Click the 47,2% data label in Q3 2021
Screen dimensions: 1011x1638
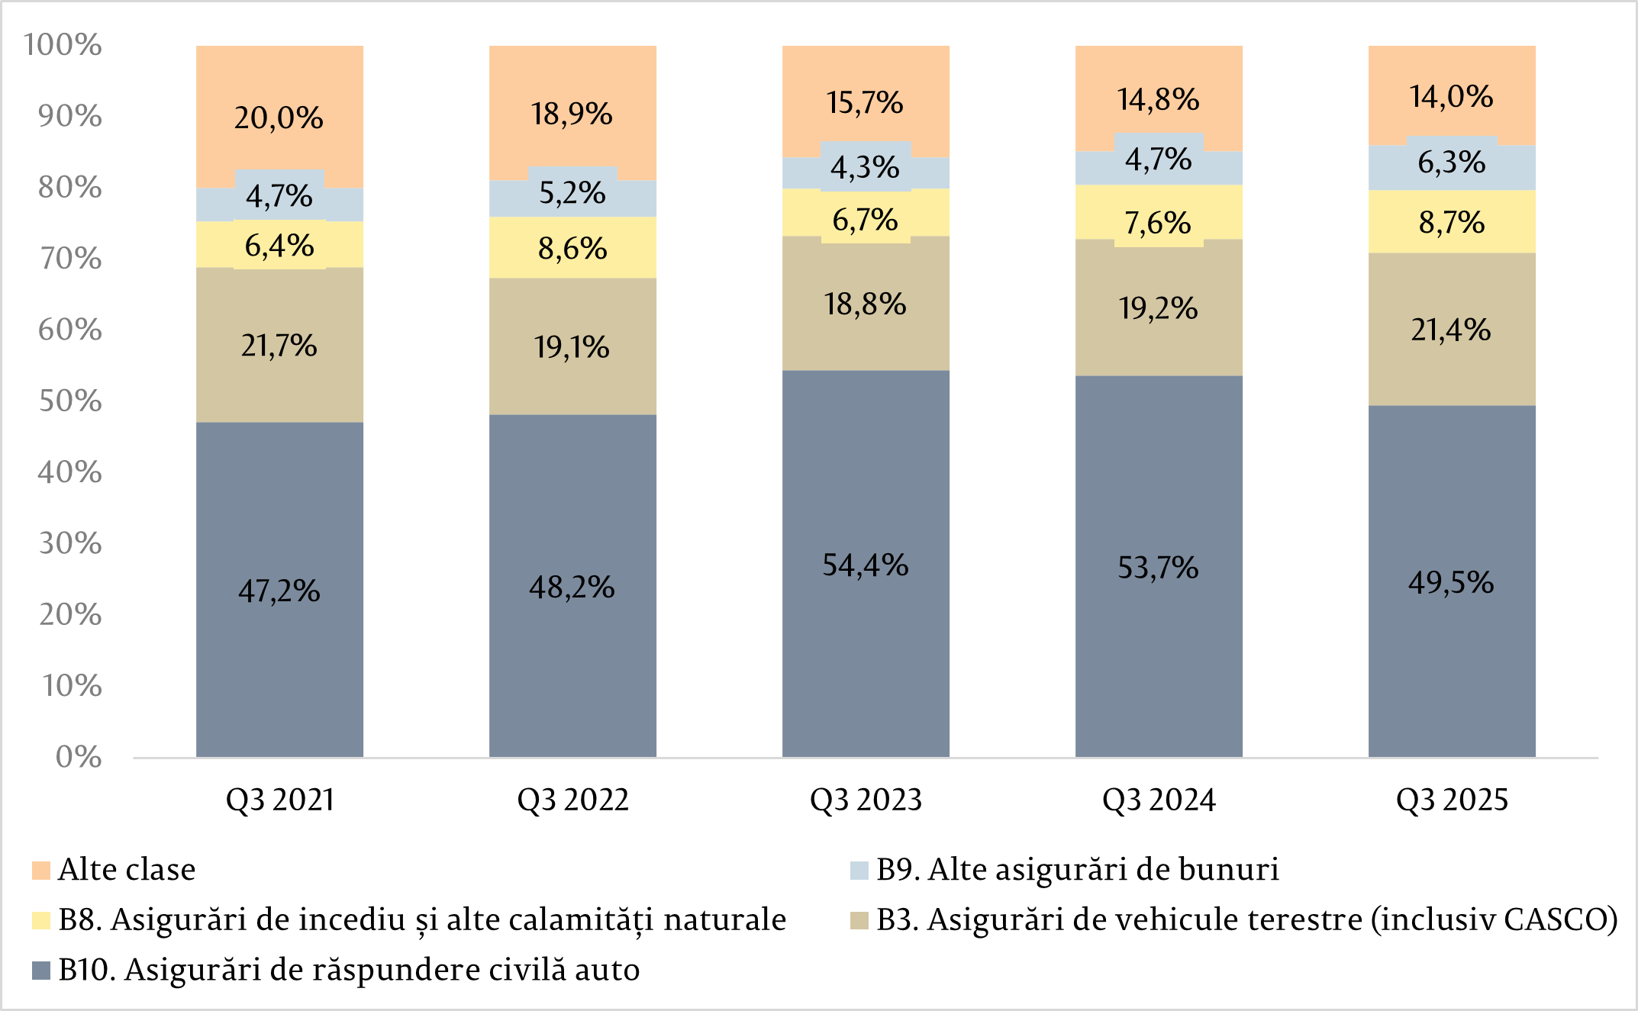point(279,591)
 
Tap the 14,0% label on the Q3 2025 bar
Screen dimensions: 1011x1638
point(1451,97)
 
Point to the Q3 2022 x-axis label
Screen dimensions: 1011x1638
point(572,800)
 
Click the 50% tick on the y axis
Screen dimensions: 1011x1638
point(70,401)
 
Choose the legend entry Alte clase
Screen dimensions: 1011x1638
point(127,870)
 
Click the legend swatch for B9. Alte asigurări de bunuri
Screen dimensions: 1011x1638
point(859,871)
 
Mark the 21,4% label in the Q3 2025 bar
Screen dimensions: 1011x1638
point(1450,330)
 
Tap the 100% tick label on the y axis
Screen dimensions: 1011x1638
point(63,45)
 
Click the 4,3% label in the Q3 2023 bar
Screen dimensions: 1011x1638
point(865,168)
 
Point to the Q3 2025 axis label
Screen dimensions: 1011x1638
point(1452,800)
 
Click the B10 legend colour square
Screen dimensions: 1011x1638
point(41,971)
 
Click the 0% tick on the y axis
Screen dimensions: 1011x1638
point(79,757)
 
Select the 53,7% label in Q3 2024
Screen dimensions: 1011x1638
point(1158,568)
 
